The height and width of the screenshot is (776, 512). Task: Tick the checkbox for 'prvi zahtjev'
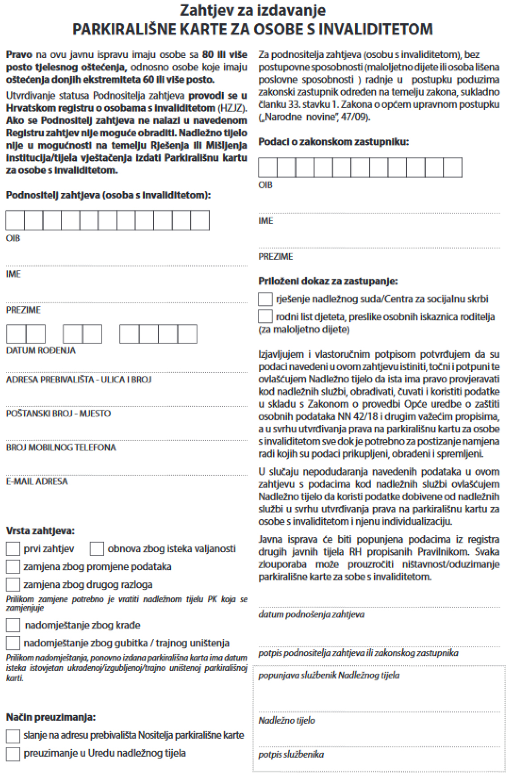click(13, 549)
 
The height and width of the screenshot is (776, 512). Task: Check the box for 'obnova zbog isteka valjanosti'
click(97, 549)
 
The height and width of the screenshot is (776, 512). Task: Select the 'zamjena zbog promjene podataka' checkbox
click(13, 566)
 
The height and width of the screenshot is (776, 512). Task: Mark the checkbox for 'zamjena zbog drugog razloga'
click(13, 584)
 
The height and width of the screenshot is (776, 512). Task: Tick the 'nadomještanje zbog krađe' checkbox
click(13, 625)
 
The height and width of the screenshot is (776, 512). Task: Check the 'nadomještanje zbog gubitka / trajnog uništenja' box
click(13, 643)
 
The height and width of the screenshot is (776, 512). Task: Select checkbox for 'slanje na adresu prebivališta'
click(13, 735)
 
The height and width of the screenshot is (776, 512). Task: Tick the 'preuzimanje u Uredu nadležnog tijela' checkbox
click(13, 754)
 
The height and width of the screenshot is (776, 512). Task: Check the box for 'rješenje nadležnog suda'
click(265, 299)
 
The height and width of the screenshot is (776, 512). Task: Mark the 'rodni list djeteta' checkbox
click(265, 316)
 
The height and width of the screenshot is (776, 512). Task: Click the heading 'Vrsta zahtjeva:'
click(40, 531)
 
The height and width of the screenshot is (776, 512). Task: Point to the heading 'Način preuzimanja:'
click(50, 717)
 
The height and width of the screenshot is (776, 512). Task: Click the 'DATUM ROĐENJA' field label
click(41, 351)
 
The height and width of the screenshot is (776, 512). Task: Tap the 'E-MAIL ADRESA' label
click(37, 482)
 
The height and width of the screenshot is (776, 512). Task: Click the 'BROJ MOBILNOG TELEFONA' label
click(61, 448)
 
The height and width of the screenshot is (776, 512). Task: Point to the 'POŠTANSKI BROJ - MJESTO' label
click(58, 414)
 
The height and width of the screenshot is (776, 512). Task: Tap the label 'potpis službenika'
click(291, 755)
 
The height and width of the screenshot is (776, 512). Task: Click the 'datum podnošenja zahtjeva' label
click(311, 615)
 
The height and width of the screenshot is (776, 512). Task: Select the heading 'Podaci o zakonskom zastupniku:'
click(333, 142)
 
